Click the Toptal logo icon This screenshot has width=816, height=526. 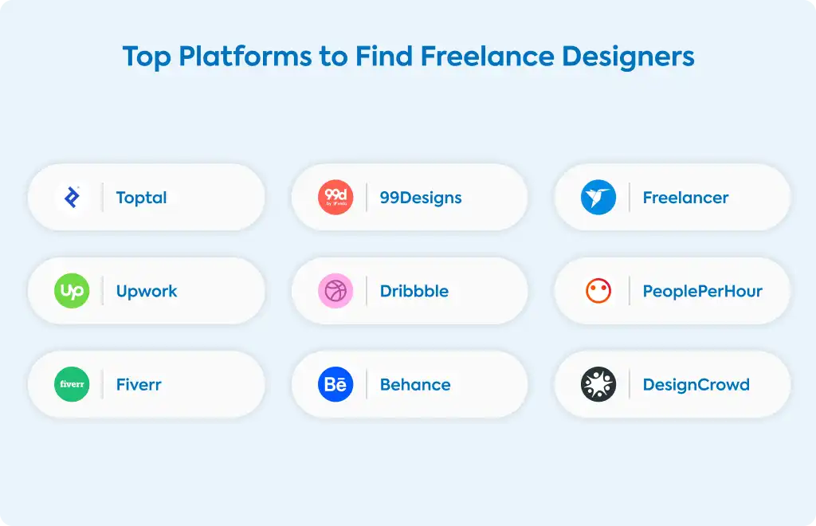point(72,197)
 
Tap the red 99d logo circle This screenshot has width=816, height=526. point(335,197)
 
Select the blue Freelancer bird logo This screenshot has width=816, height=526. point(598,197)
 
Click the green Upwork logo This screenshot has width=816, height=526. point(72,291)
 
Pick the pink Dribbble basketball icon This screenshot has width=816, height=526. point(335,291)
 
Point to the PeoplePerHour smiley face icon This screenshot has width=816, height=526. point(598,291)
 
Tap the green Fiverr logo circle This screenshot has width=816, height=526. point(72,384)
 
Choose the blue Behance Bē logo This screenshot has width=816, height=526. point(335,384)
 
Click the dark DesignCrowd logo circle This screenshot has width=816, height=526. point(598,384)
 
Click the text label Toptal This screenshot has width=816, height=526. point(142,198)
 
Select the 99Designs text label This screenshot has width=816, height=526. point(421,198)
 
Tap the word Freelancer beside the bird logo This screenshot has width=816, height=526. point(685,198)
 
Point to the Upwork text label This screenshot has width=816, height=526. point(147,292)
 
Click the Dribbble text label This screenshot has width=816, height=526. point(414,291)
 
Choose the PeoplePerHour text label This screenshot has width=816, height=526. point(703,292)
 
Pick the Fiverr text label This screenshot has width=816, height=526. point(139,384)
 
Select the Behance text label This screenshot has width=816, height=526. point(415,384)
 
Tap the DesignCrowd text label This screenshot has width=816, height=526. point(696,385)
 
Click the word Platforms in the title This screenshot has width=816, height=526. point(245,57)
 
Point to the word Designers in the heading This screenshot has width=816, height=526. point(628,57)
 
